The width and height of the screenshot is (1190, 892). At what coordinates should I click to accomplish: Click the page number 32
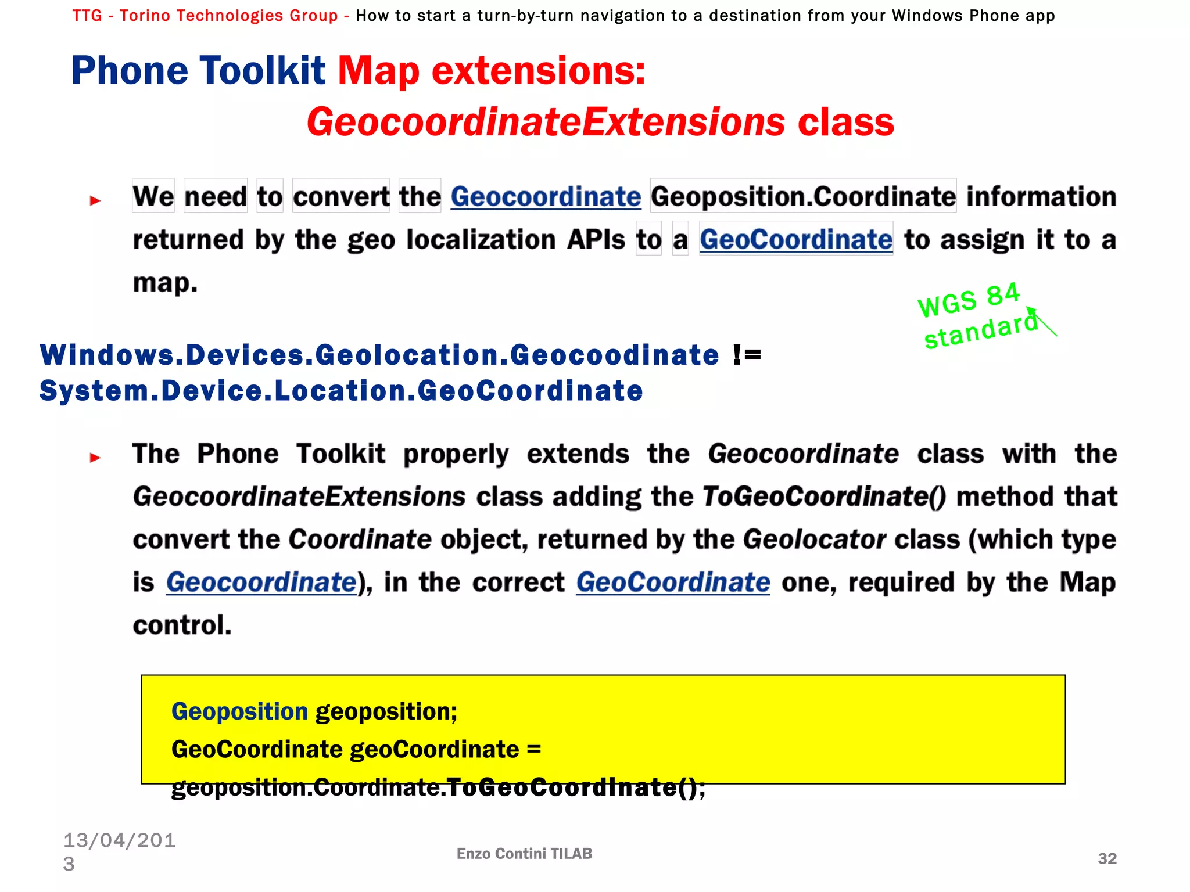[1107, 858]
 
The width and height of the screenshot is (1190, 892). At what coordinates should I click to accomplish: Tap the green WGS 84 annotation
[969, 300]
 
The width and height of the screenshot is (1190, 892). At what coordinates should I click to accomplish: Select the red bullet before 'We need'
[95, 201]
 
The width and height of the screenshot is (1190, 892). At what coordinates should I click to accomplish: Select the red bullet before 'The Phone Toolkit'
[95, 458]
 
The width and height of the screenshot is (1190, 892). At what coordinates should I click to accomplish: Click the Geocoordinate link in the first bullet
[545, 197]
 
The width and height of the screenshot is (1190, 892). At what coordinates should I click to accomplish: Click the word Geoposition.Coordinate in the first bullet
[802, 197]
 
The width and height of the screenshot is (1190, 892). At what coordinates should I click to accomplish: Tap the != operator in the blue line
[747, 355]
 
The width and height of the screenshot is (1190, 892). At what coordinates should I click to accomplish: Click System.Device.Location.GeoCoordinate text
[341, 391]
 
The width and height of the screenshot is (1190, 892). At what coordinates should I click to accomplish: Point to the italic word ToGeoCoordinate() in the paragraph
[824, 497]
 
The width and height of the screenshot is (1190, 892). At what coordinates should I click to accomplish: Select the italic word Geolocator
[814, 539]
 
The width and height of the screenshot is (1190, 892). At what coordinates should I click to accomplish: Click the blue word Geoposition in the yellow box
[239, 711]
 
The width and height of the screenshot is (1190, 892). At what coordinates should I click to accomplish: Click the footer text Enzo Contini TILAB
[524, 854]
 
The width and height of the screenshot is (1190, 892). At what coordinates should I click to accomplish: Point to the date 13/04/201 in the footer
[119, 840]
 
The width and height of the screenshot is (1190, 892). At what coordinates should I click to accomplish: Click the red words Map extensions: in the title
[491, 71]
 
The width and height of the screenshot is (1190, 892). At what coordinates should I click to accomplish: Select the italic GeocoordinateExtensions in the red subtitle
[546, 123]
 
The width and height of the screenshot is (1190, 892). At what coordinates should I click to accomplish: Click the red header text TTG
[87, 16]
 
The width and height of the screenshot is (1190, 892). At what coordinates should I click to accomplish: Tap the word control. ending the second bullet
[182, 625]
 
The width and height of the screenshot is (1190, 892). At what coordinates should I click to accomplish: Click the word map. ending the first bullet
[165, 283]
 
